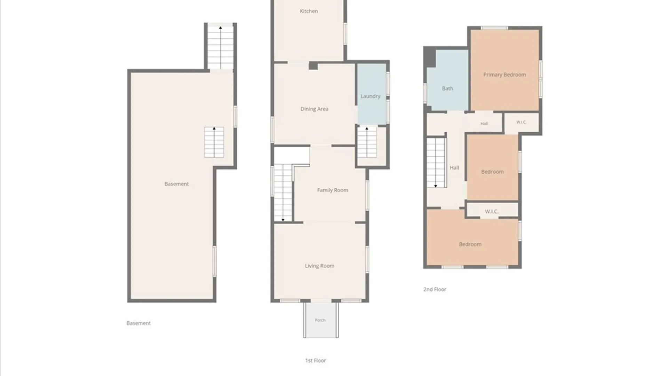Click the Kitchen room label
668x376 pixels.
click(x=309, y=11)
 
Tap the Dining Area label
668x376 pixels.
click(x=314, y=109)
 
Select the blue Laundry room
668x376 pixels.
click(x=372, y=94)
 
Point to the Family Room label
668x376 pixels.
click(x=332, y=190)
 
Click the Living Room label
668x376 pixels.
click(x=319, y=266)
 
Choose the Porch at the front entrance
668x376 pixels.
click(x=320, y=320)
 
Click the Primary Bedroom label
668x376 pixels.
click(x=504, y=75)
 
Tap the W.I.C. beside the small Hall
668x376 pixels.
click(x=521, y=122)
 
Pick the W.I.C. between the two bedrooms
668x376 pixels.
click(x=492, y=211)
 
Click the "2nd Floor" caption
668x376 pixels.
click(x=435, y=289)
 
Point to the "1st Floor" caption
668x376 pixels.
click(x=316, y=361)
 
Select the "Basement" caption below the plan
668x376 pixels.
click(x=138, y=323)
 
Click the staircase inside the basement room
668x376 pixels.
click(x=214, y=142)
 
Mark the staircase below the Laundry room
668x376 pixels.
click(x=367, y=142)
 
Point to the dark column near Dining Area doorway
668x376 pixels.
click(x=313, y=66)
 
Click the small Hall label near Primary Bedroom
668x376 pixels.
click(x=484, y=124)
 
